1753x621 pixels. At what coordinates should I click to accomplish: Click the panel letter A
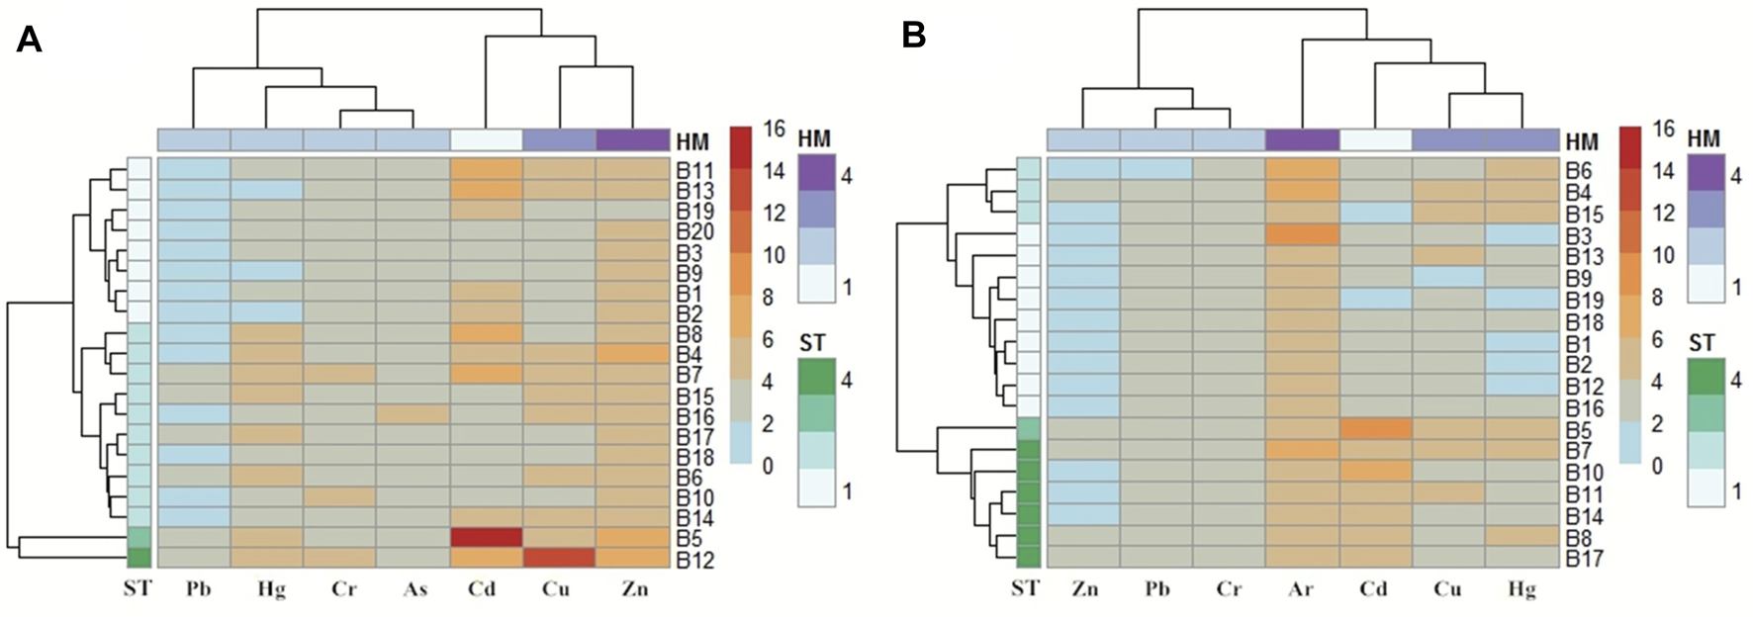(x=29, y=41)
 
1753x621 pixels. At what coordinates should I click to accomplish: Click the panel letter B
(x=913, y=37)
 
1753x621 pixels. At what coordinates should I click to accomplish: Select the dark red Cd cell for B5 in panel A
(x=486, y=537)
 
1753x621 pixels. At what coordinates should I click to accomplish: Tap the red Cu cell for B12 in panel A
(x=559, y=558)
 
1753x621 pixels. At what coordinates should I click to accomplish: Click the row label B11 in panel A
(x=694, y=170)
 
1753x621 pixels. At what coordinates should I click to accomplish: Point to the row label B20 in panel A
(x=694, y=232)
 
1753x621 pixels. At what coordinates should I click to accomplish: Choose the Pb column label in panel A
(x=199, y=589)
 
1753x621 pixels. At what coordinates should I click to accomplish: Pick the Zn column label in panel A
(x=633, y=589)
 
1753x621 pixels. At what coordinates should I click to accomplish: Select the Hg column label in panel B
(x=1521, y=589)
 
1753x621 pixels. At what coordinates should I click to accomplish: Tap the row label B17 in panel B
(x=1585, y=559)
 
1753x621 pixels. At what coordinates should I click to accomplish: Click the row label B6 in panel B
(x=1579, y=170)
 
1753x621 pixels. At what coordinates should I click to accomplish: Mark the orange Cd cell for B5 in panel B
(x=1374, y=428)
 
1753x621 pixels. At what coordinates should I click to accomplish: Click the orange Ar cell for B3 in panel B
(x=1301, y=234)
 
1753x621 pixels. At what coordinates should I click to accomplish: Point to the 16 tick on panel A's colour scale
(x=774, y=130)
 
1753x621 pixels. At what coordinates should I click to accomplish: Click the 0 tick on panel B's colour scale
(x=1657, y=466)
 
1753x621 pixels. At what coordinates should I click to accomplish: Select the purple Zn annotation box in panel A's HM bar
(x=632, y=139)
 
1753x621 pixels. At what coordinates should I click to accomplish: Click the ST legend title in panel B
(x=1702, y=344)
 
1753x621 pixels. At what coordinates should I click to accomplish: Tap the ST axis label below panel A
(x=138, y=589)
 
